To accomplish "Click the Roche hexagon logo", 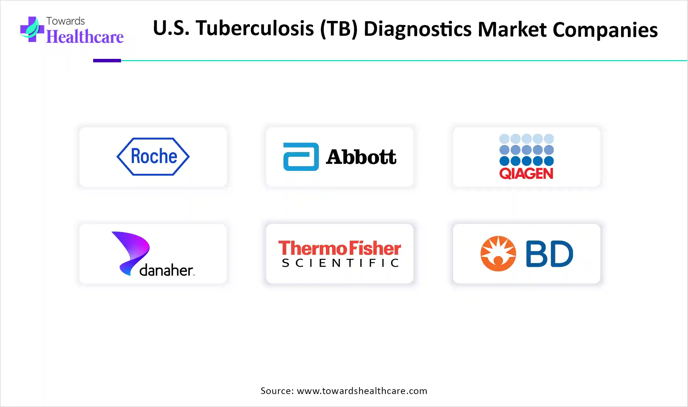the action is pos(153,157).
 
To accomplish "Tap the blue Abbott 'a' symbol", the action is pos(301,157).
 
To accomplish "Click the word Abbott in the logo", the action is pos(361,157).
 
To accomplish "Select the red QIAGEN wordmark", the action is pos(526,173).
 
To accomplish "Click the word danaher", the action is pos(167,270).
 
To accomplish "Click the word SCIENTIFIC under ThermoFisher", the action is pos(340,263).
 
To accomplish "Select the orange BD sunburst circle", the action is pos(498,254).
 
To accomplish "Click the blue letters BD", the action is pos(550,254).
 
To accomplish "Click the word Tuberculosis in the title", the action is pos(255,28).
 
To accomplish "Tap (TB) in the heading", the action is pos(339,29).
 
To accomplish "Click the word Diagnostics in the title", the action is pos(418,29).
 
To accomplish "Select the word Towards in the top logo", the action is pos(66,21).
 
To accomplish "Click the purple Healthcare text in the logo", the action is pos(85,37).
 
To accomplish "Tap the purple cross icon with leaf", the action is pos(32,29).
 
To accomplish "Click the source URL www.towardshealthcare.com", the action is pos(362,391).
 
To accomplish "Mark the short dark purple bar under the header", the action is pos(107,60).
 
